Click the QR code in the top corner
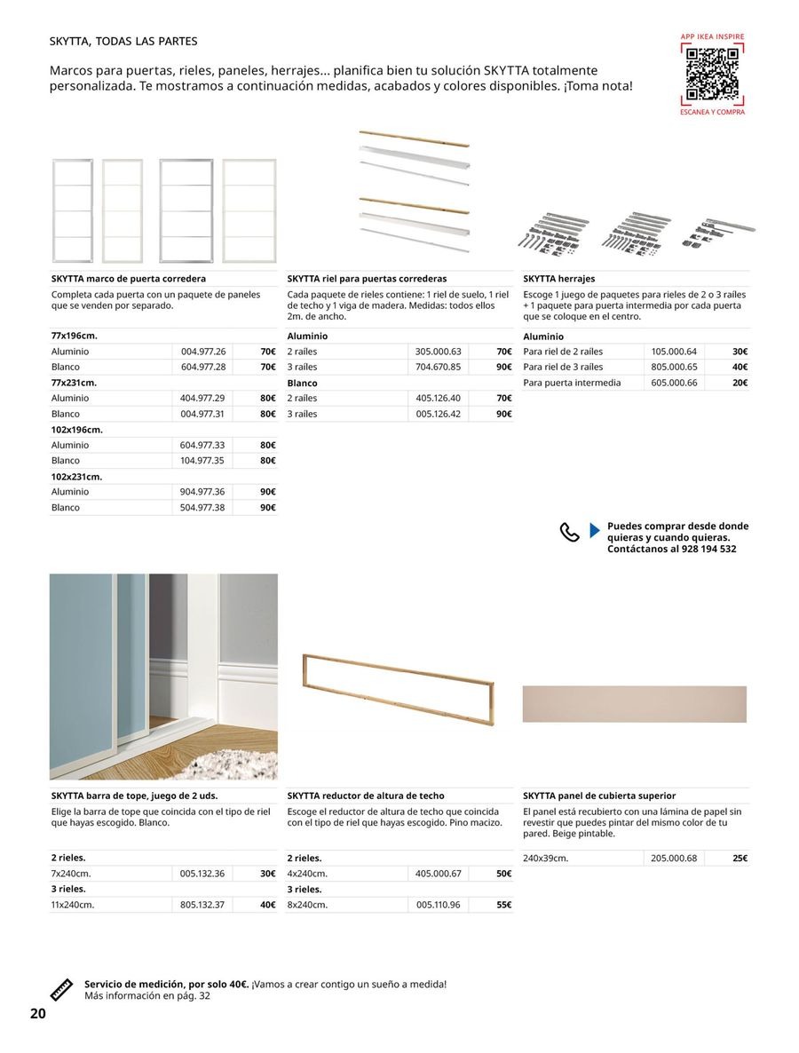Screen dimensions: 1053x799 click(x=712, y=75)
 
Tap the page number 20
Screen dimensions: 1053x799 click(x=37, y=1014)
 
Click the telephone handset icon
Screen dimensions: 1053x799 click(x=569, y=532)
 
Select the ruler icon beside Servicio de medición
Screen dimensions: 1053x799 click(x=61, y=989)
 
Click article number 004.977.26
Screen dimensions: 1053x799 click(x=203, y=352)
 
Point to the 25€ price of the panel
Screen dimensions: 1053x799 click(x=740, y=859)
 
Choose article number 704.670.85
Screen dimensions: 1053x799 click(x=439, y=367)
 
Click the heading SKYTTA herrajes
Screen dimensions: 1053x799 click(x=559, y=279)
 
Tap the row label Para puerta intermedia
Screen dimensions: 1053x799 click(x=572, y=383)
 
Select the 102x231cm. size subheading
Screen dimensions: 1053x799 click(x=76, y=477)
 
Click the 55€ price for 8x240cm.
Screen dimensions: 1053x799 click(x=503, y=905)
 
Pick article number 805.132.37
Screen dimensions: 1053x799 click(x=202, y=905)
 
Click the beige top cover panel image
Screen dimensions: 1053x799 click(x=634, y=704)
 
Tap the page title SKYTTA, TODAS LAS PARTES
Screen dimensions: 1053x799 click(x=123, y=42)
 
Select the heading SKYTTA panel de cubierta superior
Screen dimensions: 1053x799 click(x=599, y=796)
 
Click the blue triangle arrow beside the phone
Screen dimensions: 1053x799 click(x=595, y=532)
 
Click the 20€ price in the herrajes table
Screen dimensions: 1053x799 click(x=739, y=383)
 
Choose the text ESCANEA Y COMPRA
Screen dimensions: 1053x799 click(x=712, y=113)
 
